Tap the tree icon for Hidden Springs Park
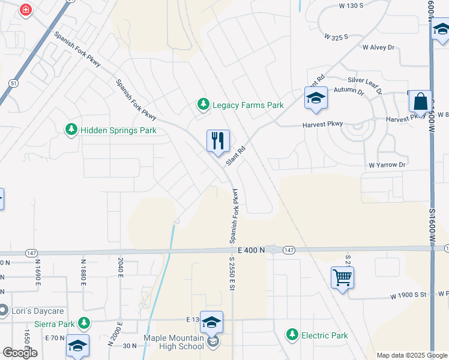71,130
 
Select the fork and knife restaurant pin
218,142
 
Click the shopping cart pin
342,277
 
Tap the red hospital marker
26,10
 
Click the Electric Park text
324,335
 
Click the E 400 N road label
250,249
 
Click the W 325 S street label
336,37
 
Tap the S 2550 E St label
231,274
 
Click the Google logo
20,353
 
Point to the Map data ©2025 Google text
412,355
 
